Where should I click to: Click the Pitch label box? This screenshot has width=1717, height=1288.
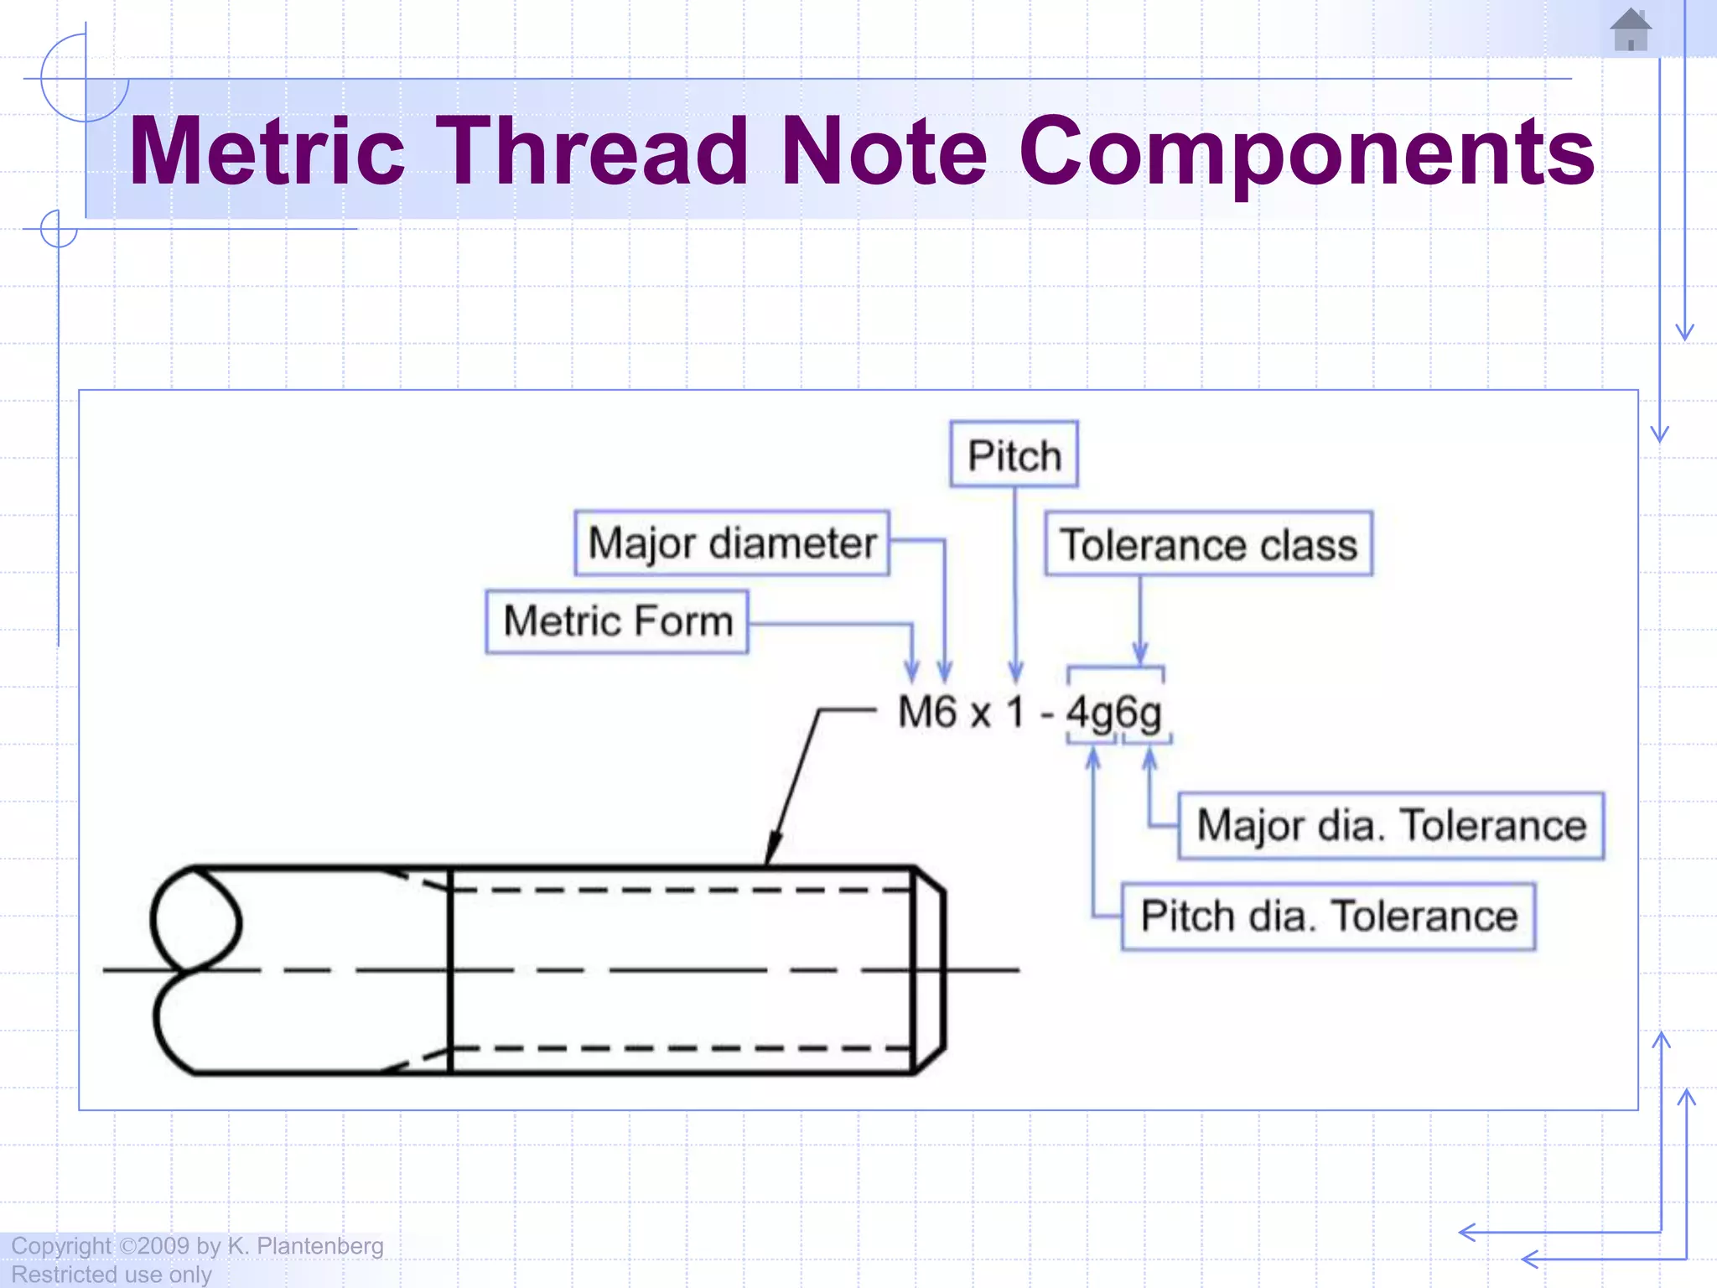(x=1014, y=454)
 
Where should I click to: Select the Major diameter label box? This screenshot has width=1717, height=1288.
(x=732, y=543)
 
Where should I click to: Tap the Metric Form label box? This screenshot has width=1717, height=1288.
(x=617, y=621)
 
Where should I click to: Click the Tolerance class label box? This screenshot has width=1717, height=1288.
(x=1208, y=544)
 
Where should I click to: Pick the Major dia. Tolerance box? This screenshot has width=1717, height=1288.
(x=1390, y=826)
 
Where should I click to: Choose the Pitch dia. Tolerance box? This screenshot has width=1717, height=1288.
(x=1328, y=916)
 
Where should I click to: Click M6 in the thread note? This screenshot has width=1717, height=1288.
(x=926, y=713)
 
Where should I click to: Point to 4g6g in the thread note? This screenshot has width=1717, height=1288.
(x=1114, y=714)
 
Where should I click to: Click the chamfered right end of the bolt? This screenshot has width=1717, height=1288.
(x=929, y=969)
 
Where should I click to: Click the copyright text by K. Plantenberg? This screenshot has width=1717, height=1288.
(x=198, y=1246)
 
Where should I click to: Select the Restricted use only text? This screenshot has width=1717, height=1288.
(x=112, y=1275)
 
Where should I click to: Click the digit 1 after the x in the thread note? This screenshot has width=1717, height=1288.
(x=1015, y=713)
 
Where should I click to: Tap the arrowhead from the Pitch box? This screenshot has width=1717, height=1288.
(x=1015, y=672)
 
